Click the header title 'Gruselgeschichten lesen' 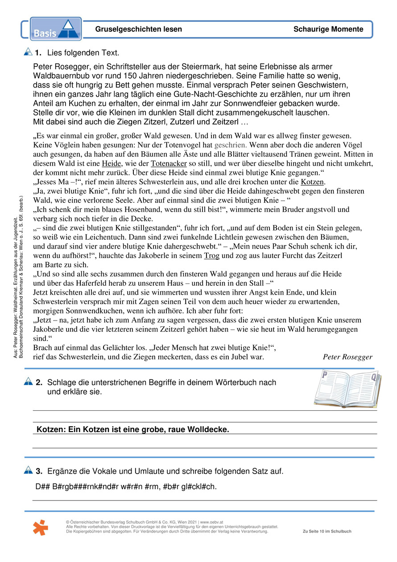pyautogui.click(x=139, y=29)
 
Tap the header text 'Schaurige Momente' pyautogui.click(x=328, y=29)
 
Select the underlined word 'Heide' pyautogui.click(x=112, y=163)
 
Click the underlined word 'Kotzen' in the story pyautogui.click(x=313, y=182)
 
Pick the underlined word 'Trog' pyautogui.click(x=211, y=256)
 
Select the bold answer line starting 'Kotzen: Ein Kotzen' pyautogui.click(x=133, y=429)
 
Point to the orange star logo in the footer pyautogui.click(x=41, y=528)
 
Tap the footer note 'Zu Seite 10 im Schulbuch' pyautogui.click(x=327, y=532)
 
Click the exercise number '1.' pyautogui.click(x=38, y=53)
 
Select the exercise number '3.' pyautogui.click(x=39, y=471)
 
